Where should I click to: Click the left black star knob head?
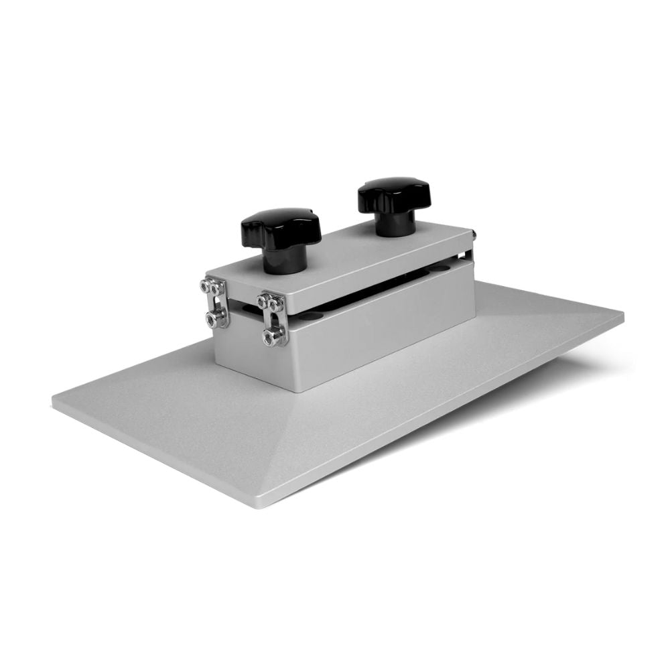[x=281, y=227]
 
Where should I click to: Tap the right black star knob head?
[x=388, y=193]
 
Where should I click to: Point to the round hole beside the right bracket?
[x=309, y=315]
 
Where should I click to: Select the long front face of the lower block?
[x=382, y=335]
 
